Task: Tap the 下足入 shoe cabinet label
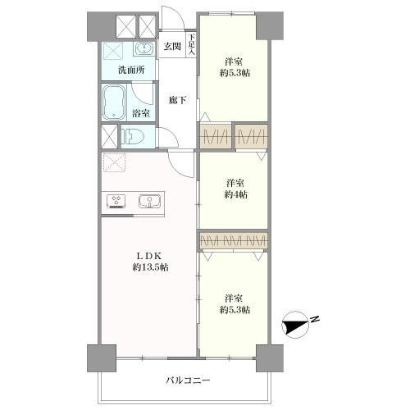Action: pos(192,44)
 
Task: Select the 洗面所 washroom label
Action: pos(130,70)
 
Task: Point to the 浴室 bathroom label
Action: pos(141,114)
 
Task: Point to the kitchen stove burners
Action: pos(115,201)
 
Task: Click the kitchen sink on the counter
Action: pos(148,201)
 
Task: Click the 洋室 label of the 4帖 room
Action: pos(235,182)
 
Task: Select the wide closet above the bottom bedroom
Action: pos(234,241)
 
